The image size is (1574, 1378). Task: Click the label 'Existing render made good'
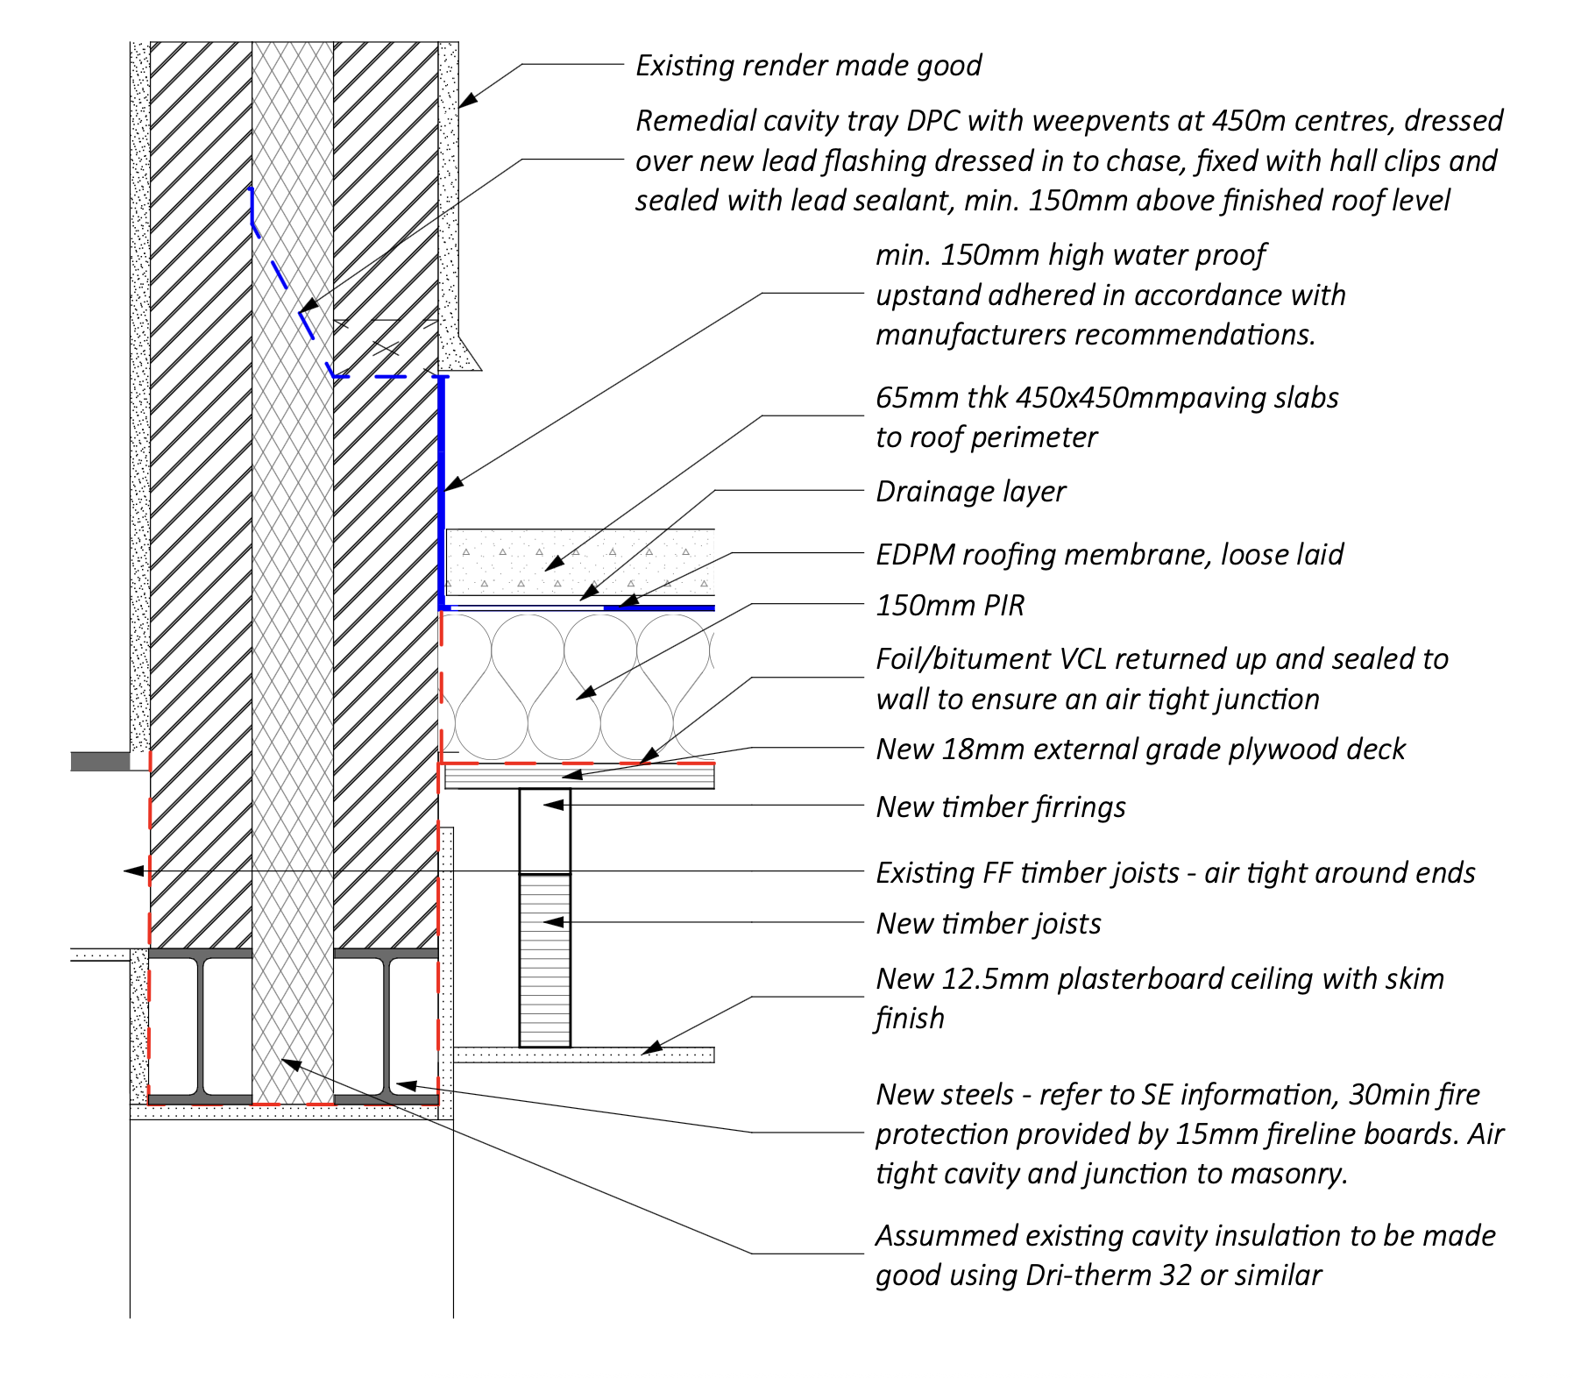[808, 66]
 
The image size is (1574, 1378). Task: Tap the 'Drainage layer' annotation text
[970, 492]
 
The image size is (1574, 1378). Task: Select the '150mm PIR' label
[950, 606]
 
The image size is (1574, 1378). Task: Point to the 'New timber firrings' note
[1000, 807]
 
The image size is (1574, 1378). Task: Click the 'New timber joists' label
[988, 924]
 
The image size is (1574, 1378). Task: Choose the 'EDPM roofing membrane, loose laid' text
[1109, 555]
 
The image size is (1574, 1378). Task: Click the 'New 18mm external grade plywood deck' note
[1140, 749]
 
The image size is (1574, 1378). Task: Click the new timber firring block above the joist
[544, 831]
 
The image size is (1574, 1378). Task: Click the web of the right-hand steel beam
[386, 1026]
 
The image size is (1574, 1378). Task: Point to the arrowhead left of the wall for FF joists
[133, 871]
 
